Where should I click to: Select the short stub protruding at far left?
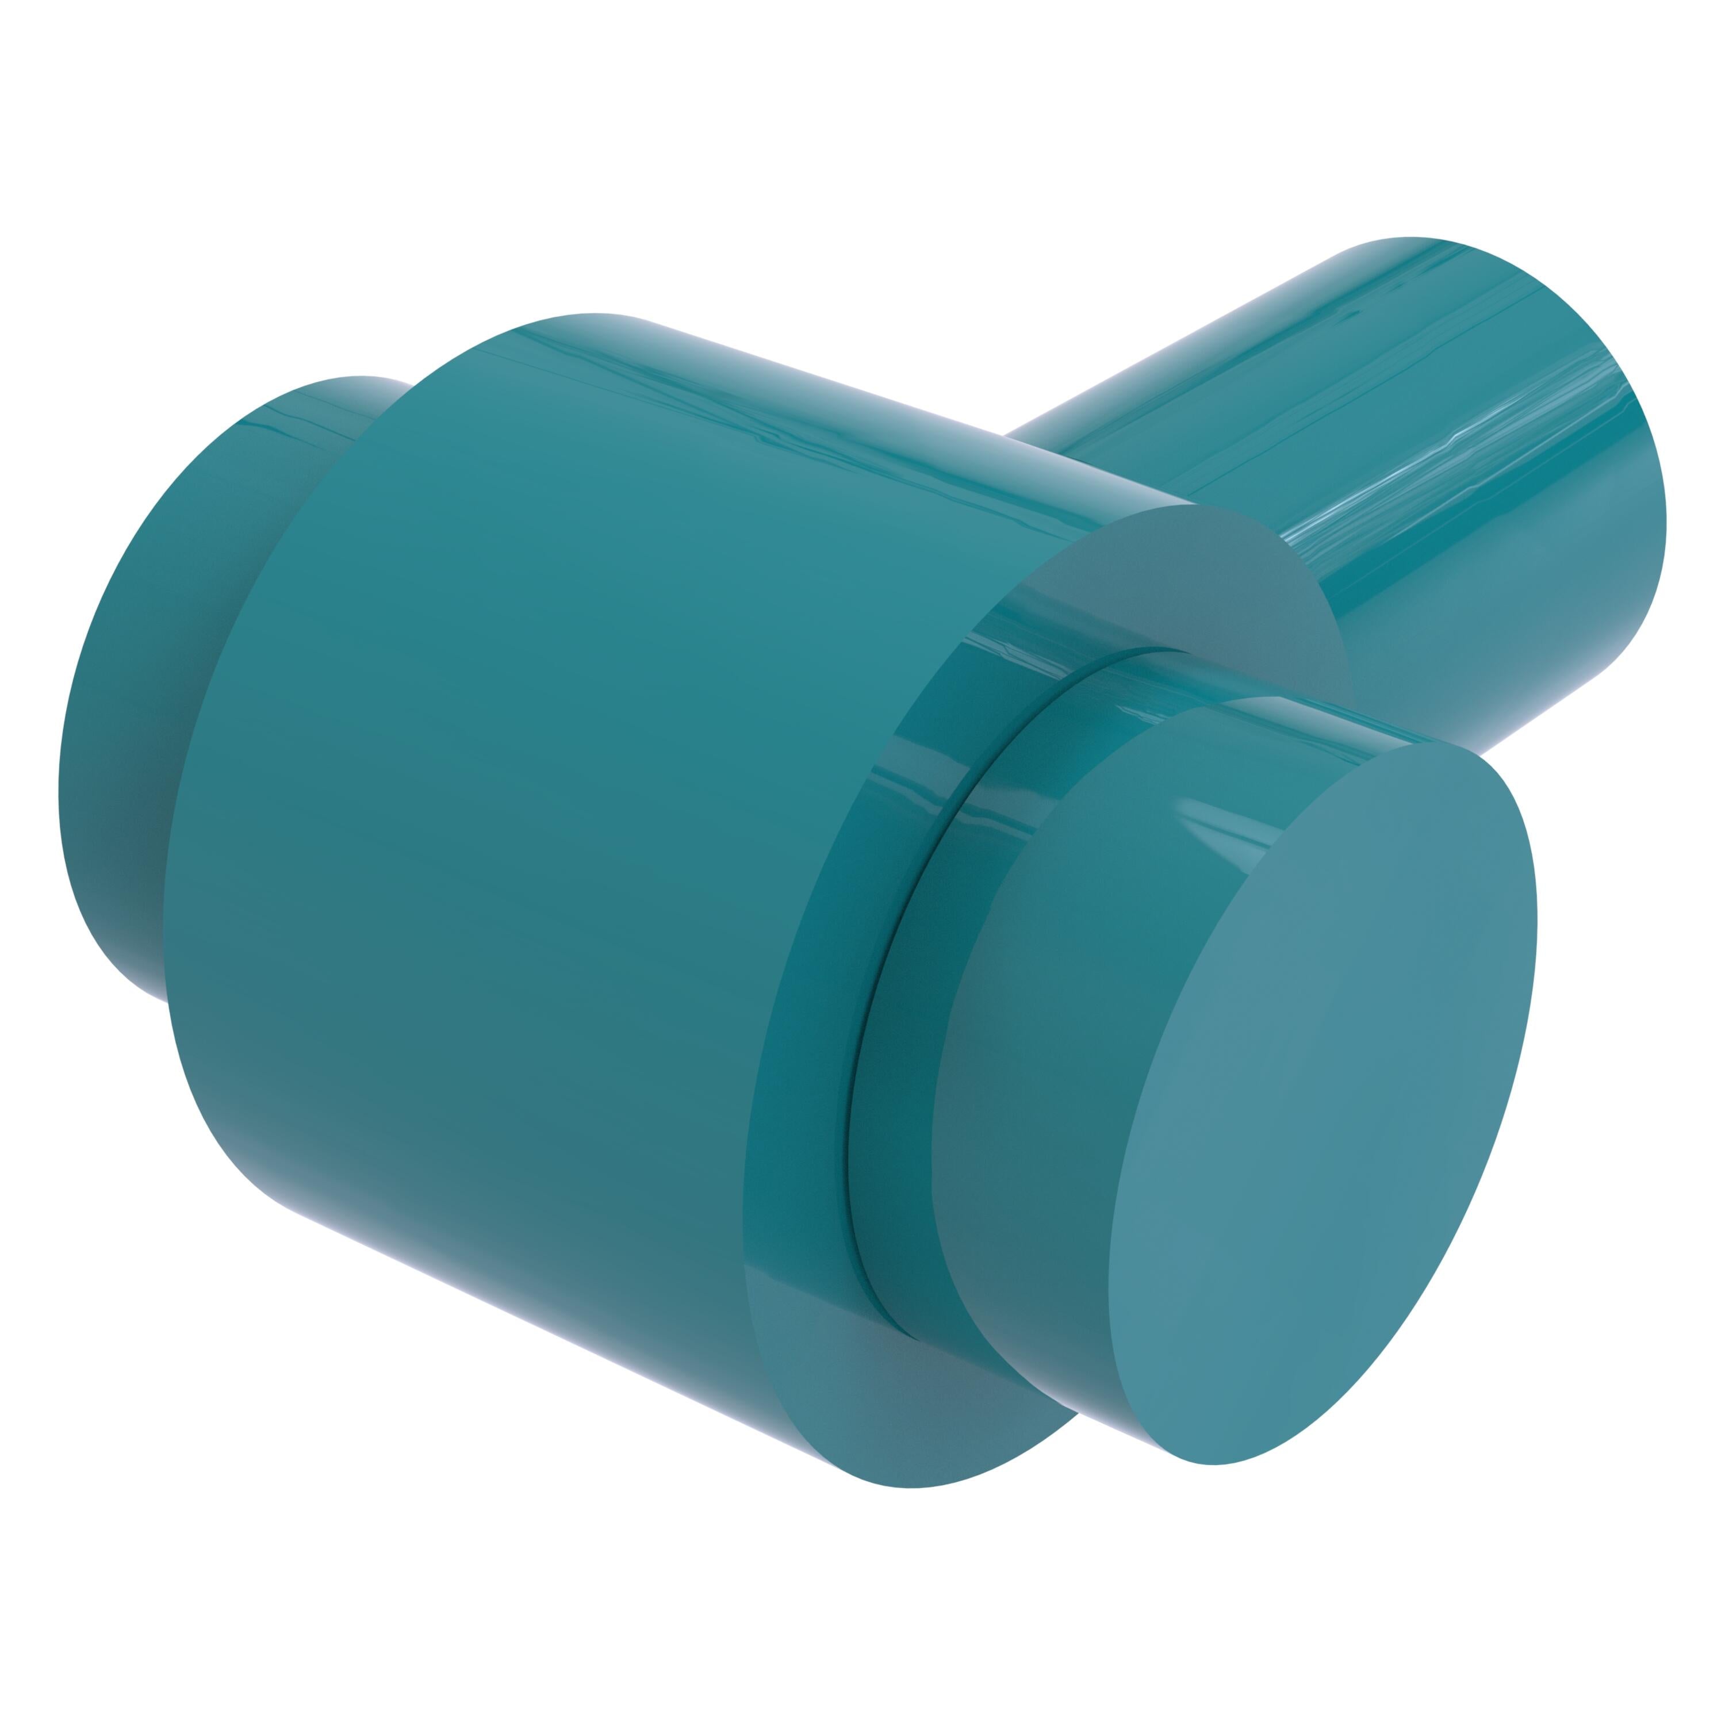[x=134, y=714]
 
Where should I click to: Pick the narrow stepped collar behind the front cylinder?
[x=902, y=1027]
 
